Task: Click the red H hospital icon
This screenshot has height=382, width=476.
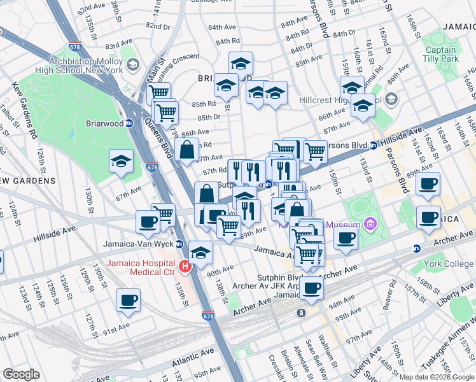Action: (x=185, y=266)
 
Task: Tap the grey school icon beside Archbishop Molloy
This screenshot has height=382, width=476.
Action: (x=132, y=64)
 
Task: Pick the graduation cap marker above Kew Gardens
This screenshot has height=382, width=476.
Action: (x=121, y=162)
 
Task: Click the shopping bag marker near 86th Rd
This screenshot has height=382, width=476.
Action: (x=187, y=152)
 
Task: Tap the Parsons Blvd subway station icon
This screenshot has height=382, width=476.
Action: (x=374, y=145)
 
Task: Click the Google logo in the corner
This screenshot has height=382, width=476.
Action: (x=21, y=374)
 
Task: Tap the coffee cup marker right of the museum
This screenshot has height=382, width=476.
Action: (x=346, y=239)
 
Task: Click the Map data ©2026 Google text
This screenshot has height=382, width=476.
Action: (x=437, y=377)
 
